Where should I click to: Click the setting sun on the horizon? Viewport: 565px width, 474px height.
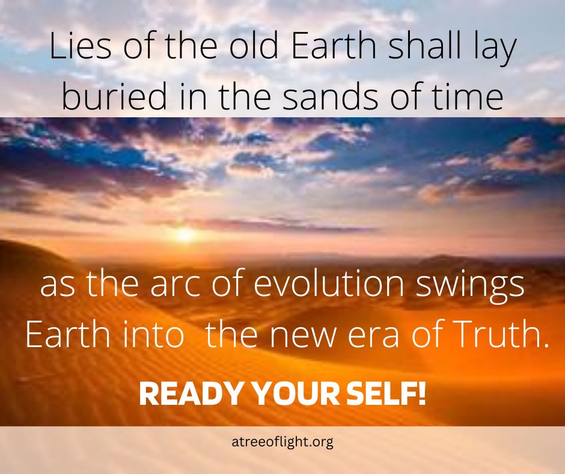[x=185, y=235]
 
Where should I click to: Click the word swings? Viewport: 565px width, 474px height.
[x=470, y=287]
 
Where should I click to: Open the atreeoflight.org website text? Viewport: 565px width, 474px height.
[x=282, y=442]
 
